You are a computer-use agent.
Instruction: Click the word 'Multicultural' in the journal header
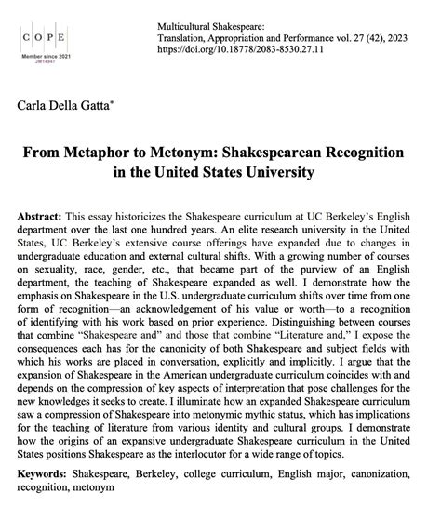[x=142, y=13]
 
